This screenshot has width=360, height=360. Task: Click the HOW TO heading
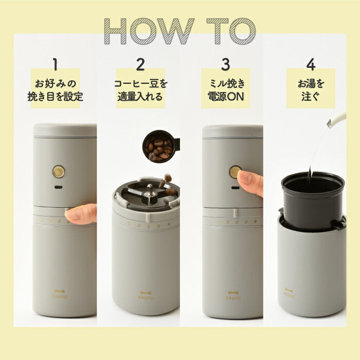point(179,31)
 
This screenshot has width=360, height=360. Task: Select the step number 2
point(140,65)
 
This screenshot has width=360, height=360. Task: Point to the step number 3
point(225,65)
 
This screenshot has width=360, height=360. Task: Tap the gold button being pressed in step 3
point(235,172)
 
